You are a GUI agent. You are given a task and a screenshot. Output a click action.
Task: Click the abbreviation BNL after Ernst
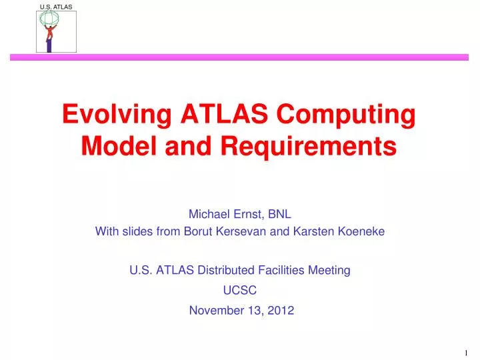pyautogui.click(x=279, y=214)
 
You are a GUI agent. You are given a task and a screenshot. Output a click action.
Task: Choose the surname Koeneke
pyautogui.click(x=362, y=232)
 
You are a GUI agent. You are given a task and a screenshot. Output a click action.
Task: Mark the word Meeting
pyautogui.click(x=329, y=270)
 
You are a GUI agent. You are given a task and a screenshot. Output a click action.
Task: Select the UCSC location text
pyautogui.click(x=240, y=291)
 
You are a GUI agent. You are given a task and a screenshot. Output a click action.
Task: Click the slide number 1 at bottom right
pyautogui.click(x=465, y=352)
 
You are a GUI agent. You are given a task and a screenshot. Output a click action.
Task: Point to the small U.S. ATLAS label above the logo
pyautogui.click(x=56, y=6)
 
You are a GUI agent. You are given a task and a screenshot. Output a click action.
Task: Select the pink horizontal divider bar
pyautogui.click(x=240, y=58)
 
